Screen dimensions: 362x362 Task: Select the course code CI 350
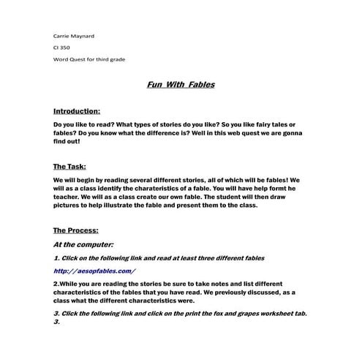[x=62, y=47]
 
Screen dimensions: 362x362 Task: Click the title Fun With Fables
[x=180, y=85]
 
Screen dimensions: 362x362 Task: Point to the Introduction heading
[x=77, y=111]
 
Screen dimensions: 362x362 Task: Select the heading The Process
[x=76, y=230]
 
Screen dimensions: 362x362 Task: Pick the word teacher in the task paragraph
[x=68, y=197]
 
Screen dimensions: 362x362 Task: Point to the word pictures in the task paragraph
[x=70, y=205]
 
